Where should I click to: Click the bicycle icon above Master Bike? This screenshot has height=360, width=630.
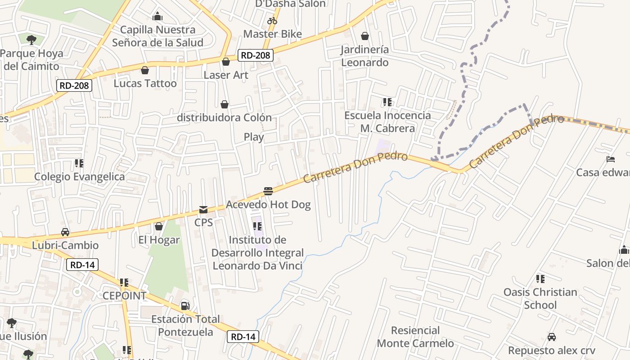[x=272, y=21]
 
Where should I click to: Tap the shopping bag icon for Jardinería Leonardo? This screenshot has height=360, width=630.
[x=365, y=36]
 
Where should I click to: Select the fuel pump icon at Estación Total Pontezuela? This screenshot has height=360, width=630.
[x=185, y=306]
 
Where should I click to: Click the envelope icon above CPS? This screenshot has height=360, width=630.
[x=203, y=210]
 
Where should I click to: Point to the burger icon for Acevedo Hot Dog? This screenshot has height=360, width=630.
[x=268, y=191]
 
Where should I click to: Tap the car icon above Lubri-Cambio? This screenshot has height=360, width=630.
[x=65, y=232]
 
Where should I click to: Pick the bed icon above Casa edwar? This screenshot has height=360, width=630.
[x=611, y=159]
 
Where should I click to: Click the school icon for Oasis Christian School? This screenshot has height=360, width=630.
[x=540, y=279]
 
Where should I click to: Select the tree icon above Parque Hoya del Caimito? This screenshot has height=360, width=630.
[x=31, y=40]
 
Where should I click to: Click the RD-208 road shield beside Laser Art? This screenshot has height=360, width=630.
[x=256, y=55]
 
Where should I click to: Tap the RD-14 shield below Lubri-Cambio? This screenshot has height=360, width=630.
[x=82, y=265]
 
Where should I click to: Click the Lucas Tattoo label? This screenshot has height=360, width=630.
[x=145, y=83]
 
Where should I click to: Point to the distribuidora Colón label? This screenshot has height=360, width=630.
[x=224, y=117]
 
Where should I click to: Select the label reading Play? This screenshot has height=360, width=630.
[x=254, y=137]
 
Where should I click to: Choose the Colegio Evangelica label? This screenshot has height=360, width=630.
[x=80, y=176]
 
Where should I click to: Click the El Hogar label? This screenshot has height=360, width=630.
[x=159, y=240]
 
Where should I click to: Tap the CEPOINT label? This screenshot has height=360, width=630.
[x=125, y=296]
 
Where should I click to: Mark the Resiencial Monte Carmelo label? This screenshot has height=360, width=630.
[x=415, y=337]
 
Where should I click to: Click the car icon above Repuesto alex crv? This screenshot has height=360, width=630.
[x=552, y=337]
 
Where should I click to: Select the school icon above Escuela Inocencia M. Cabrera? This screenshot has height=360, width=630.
[x=387, y=102]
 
